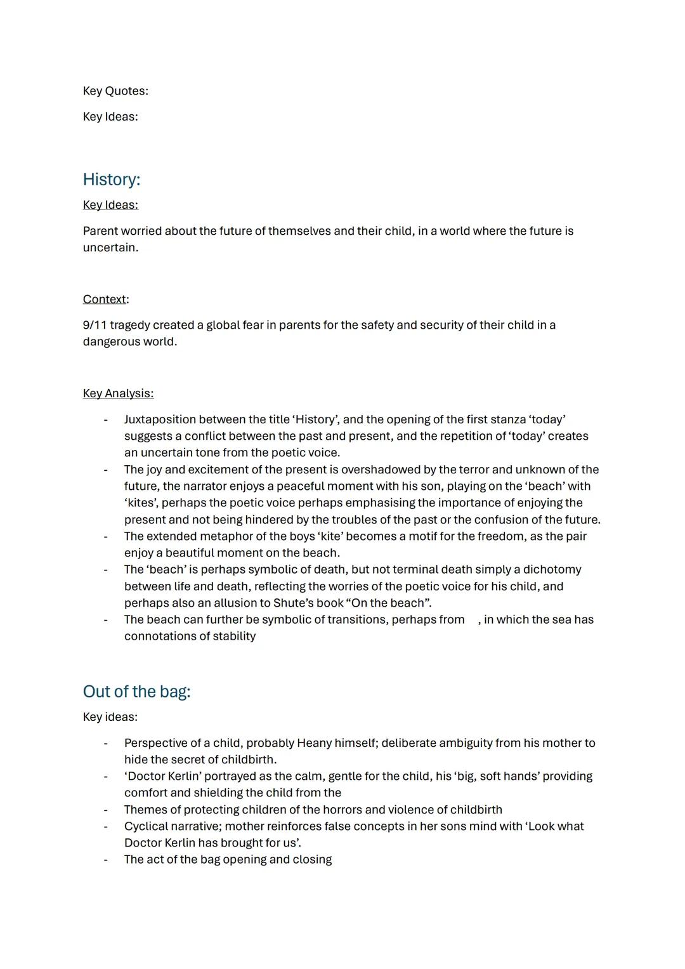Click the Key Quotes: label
coord(115,91)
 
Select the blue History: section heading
coord(112,180)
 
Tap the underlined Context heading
coord(105,299)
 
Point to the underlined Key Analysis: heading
coord(118,393)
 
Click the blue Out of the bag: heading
coord(136,692)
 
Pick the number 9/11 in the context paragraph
coord(95,325)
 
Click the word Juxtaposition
coord(161,419)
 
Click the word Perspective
coord(157,743)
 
